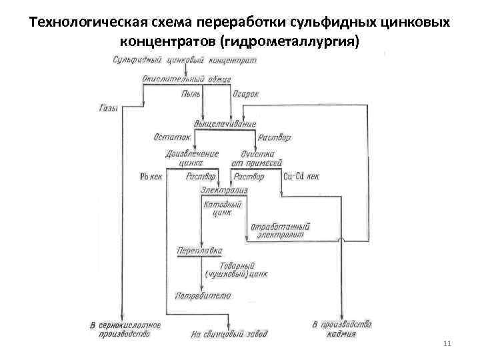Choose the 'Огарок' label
[x=245, y=95]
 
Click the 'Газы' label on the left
[x=108, y=108]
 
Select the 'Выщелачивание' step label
[x=225, y=124]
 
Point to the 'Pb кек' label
[x=151, y=177]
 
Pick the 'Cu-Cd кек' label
[x=301, y=177]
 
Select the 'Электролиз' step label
[x=223, y=191]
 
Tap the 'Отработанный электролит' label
[x=280, y=231]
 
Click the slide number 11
[x=446, y=343]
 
